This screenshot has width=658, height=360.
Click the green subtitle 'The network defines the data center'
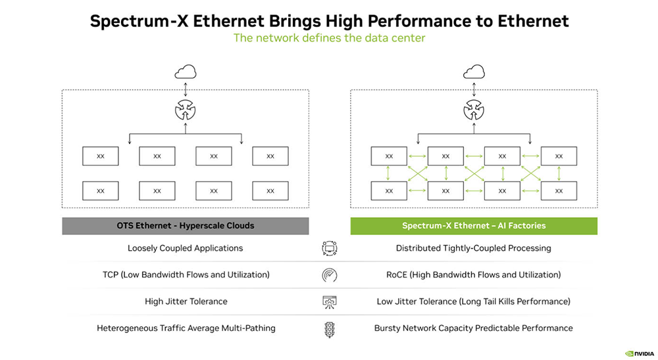click(x=329, y=38)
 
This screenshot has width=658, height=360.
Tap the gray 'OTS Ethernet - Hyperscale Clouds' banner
click(x=186, y=226)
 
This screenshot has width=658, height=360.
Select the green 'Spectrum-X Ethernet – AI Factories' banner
click(x=473, y=226)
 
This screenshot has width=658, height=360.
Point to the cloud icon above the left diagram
click(x=185, y=73)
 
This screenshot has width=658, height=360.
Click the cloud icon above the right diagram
click(x=473, y=73)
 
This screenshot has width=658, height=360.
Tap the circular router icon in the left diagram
click(x=185, y=110)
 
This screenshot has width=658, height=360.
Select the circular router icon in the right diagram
click(x=473, y=110)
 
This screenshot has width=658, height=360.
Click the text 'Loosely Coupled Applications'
click(x=186, y=248)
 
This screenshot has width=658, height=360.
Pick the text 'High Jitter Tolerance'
click(x=186, y=301)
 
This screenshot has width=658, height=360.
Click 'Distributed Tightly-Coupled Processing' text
click(x=473, y=248)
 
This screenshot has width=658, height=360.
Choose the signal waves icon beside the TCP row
click(x=330, y=275)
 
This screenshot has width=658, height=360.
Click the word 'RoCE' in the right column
click(x=397, y=274)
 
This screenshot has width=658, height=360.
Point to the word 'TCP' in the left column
click(x=110, y=274)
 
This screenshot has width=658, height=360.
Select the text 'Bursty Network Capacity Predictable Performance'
click(x=473, y=328)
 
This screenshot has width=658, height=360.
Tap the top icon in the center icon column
click(x=330, y=248)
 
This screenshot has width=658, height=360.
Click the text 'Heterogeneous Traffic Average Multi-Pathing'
click(x=186, y=328)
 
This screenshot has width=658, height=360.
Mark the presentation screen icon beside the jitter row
click(x=330, y=302)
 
